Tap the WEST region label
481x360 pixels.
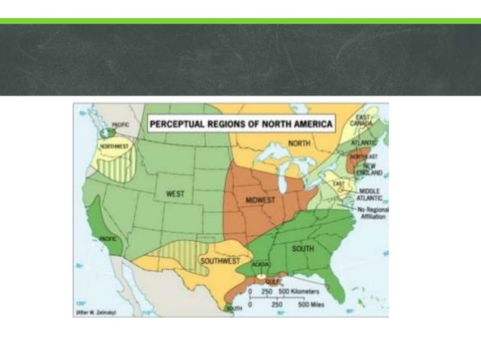[x=175, y=194]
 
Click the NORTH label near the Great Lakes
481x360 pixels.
[x=299, y=143]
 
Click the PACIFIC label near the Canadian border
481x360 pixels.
[x=120, y=124]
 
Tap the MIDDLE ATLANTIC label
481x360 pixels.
[x=369, y=194]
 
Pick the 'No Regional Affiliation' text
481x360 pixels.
[x=371, y=212]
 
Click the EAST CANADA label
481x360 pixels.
[x=363, y=119]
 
